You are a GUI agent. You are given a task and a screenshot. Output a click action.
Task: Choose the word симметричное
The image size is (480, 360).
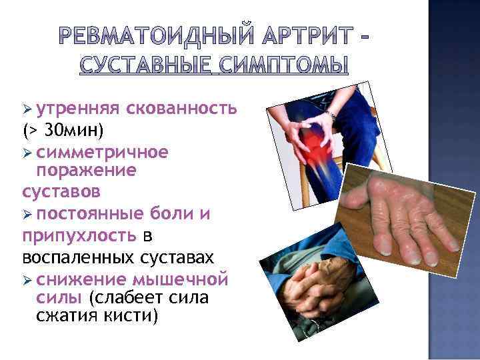tap(103, 152)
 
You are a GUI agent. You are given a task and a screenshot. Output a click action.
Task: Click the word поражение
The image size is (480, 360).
tap(86, 171)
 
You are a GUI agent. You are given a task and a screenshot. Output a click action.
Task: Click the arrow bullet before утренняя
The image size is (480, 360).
tap(27, 109)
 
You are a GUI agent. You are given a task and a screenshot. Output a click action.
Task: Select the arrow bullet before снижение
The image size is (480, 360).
tap(27, 278)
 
